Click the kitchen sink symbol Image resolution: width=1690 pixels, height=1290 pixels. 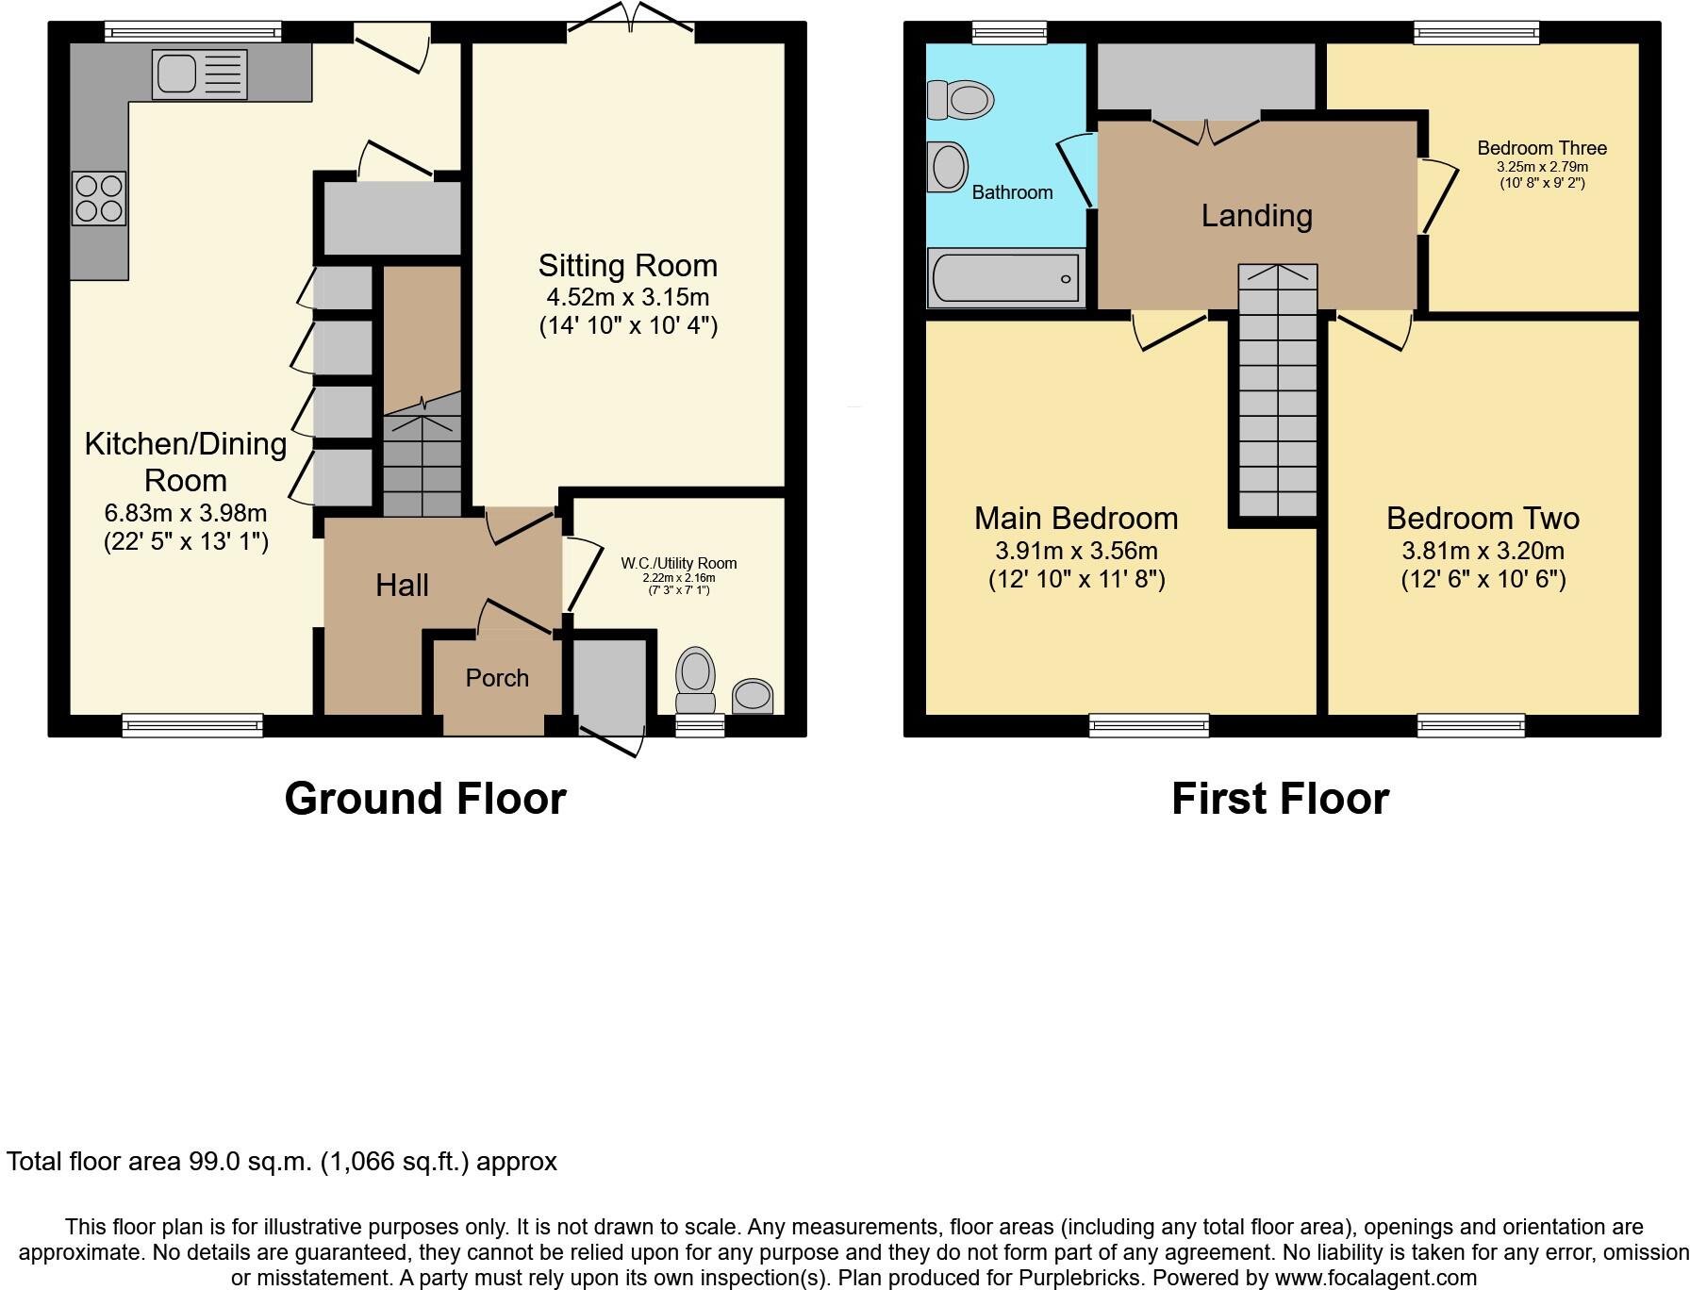coord(200,74)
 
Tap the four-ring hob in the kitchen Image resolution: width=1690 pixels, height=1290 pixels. coord(98,198)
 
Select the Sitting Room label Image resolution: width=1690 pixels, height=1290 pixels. coord(628,266)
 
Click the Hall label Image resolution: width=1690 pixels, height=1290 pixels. coord(402,586)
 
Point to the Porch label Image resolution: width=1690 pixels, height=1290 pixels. coord(497,678)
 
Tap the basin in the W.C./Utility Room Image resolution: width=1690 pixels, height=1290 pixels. coord(753,697)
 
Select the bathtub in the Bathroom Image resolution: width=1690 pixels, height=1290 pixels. coord(1006,278)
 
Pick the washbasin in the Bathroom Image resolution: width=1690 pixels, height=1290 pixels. coord(948,168)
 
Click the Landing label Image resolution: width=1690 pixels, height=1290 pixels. coord(1256,216)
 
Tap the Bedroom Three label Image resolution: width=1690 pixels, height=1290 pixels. coord(1542,148)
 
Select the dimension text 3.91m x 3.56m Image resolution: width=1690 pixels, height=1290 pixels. coord(1076,551)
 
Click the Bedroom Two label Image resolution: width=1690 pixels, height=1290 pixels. coord(1483,519)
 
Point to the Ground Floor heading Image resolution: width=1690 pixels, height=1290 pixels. coord(425,799)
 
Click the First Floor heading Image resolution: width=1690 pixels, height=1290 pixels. coord(1280,799)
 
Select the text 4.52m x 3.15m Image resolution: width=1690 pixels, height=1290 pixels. coord(628,298)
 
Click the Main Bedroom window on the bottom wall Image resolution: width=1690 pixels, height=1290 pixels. coord(1149,725)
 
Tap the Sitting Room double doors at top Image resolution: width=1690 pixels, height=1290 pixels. coord(632,21)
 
